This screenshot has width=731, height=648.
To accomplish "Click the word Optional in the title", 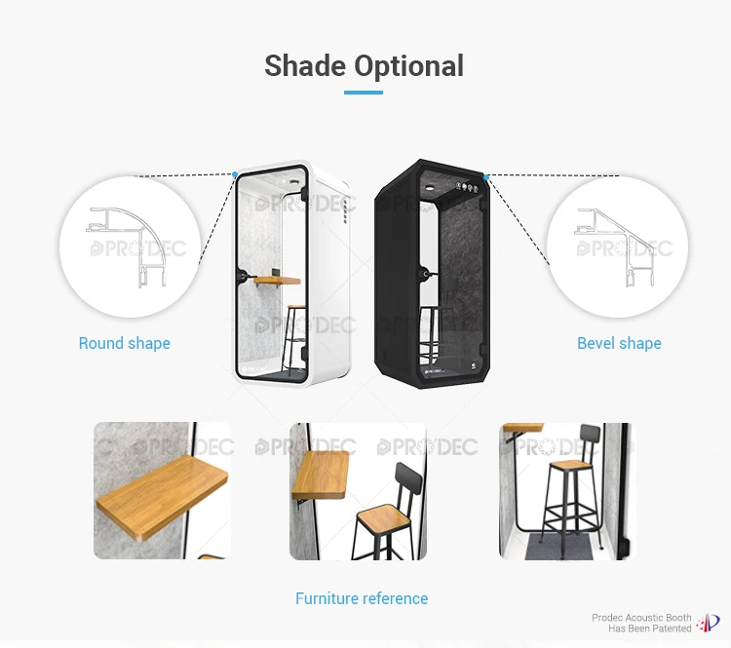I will (409, 66).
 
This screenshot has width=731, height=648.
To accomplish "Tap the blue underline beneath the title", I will (364, 93).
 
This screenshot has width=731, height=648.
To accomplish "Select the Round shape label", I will (125, 343).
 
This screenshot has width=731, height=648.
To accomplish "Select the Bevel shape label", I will (619, 343).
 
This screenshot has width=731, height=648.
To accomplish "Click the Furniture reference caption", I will (362, 598).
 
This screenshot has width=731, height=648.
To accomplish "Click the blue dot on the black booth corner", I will (484, 176).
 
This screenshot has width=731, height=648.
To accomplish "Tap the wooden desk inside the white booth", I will (277, 282).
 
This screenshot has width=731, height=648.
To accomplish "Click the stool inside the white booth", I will (294, 336).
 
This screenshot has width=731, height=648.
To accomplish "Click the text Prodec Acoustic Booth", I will (641, 618).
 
